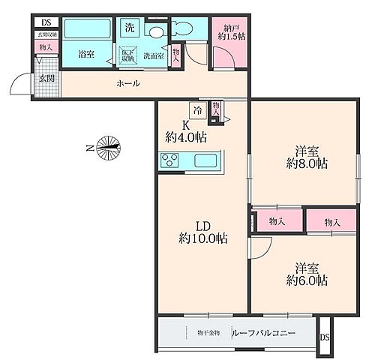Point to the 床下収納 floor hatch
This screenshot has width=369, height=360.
click(127, 55)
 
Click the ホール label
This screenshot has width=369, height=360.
click(127, 83)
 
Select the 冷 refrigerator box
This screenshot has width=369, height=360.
click(197, 111)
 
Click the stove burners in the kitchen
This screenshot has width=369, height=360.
click(168, 160)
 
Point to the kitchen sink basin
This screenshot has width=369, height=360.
click(204, 160)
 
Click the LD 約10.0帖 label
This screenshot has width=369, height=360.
click(202, 232)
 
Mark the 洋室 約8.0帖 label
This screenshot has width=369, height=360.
click(307, 155)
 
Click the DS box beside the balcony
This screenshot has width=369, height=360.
click(325, 337)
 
